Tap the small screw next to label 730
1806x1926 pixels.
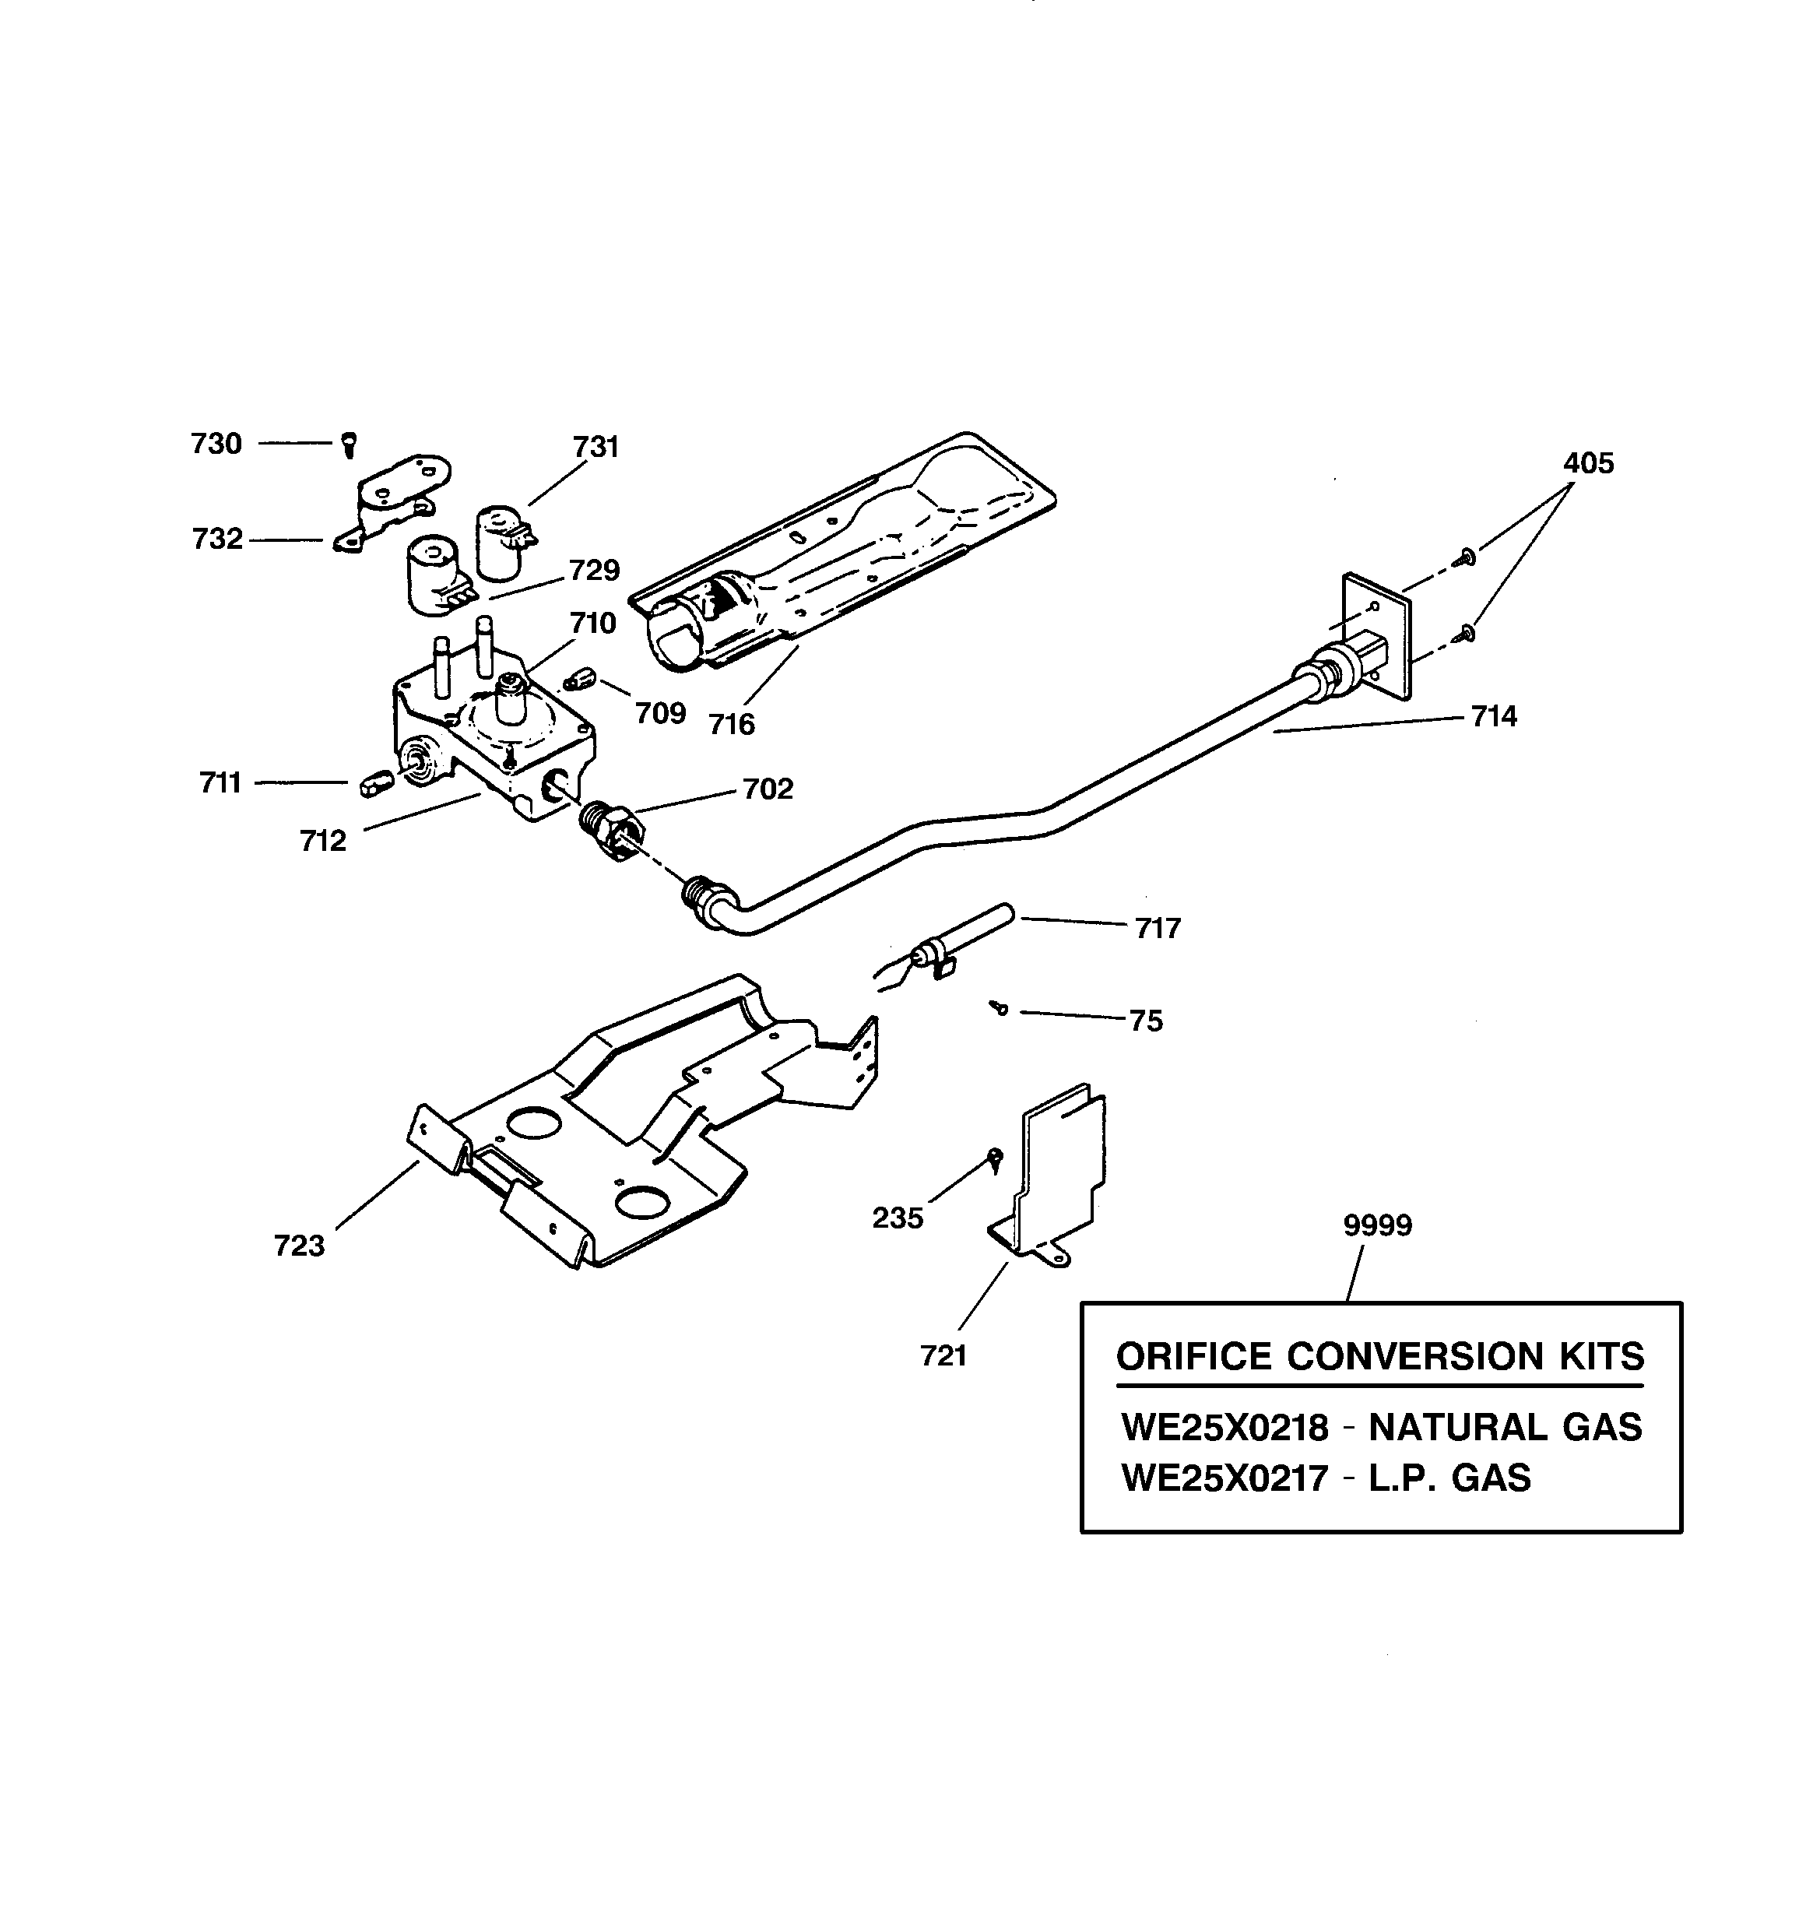point(350,445)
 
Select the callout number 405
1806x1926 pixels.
point(1588,463)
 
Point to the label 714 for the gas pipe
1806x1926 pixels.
point(1493,717)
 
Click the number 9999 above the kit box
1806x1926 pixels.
point(1377,1225)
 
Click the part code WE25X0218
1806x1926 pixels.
point(1224,1428)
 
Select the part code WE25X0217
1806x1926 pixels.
point(1224,1478)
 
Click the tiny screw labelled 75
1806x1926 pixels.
point(1000,1010)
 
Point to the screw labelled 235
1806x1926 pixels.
point(994,1157)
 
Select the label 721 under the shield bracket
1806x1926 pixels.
point(943,1356)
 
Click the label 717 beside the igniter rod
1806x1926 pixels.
point(1157,929)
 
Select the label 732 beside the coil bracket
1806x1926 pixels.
point(217,539)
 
